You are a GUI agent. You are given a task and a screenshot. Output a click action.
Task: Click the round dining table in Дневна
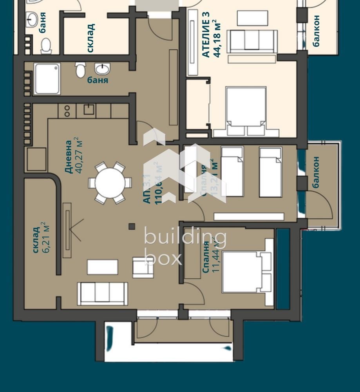click(x=110, y=183)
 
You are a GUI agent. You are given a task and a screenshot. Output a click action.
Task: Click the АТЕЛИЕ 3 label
click(x=206, y=35)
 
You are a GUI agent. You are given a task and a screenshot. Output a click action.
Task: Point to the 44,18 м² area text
click(x=217, y=39)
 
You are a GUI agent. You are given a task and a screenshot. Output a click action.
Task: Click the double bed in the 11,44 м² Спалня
click(x=243, y=272)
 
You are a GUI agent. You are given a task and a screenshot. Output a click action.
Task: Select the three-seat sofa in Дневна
click(x=102, y=293)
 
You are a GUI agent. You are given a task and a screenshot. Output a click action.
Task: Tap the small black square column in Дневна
click(x=132, y=226)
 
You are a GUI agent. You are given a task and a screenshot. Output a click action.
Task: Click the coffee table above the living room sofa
click(x=102, y=267)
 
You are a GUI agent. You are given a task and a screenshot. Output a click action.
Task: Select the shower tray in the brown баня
click(x=47, y=79)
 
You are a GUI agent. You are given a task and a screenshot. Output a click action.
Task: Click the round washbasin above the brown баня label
click(x=103, y=69)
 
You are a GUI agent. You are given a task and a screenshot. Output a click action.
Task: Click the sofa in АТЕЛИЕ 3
click(x=253, y=41)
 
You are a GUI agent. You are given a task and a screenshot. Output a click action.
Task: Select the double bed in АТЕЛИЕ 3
click(x=246, y=111)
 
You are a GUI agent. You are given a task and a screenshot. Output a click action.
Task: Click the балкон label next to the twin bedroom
click(x=316, y=172)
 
